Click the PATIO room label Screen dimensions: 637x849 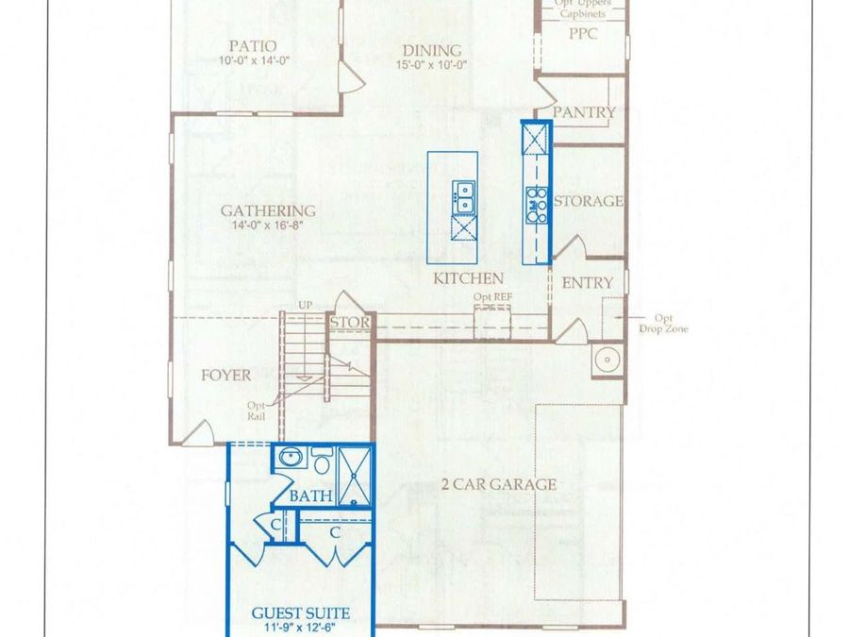253,45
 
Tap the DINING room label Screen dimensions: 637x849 432,50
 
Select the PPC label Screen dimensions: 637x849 583,34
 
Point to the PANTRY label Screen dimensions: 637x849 584,112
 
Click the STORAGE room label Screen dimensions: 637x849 588,201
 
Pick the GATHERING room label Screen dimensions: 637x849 268,210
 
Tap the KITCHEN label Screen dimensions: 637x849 468,278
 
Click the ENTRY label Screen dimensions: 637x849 587,282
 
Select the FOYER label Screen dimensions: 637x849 226,375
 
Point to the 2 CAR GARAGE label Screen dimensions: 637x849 499,485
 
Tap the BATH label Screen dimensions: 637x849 310,495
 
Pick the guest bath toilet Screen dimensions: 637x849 321,462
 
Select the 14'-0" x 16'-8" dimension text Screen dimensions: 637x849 269,226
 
